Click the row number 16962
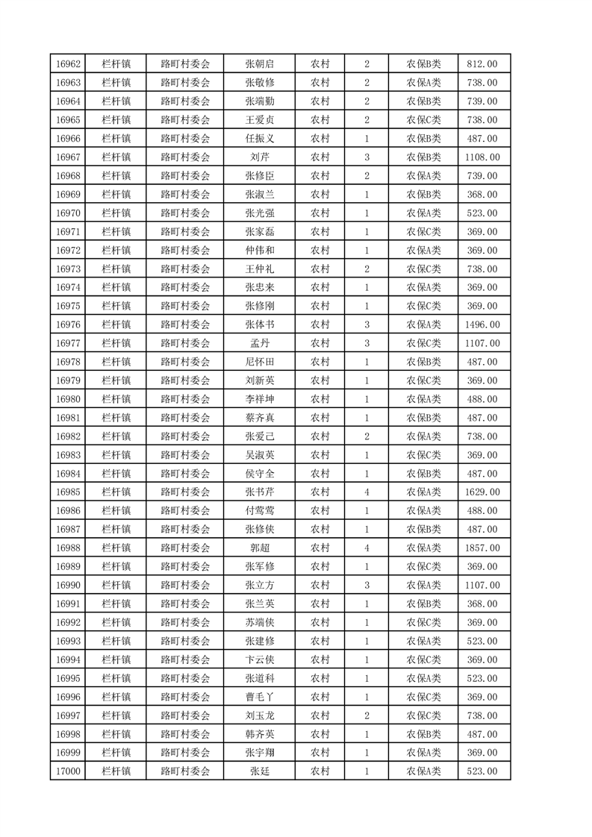68,64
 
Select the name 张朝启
259,64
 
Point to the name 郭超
259,548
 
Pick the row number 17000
68,771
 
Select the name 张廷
259,771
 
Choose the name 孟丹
259,343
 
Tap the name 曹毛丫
259,697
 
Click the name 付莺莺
259,511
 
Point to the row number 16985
68,492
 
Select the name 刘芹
259,157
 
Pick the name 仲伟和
259,250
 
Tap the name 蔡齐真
259,418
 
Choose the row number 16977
68,343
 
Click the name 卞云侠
259,659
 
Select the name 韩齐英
259,734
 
